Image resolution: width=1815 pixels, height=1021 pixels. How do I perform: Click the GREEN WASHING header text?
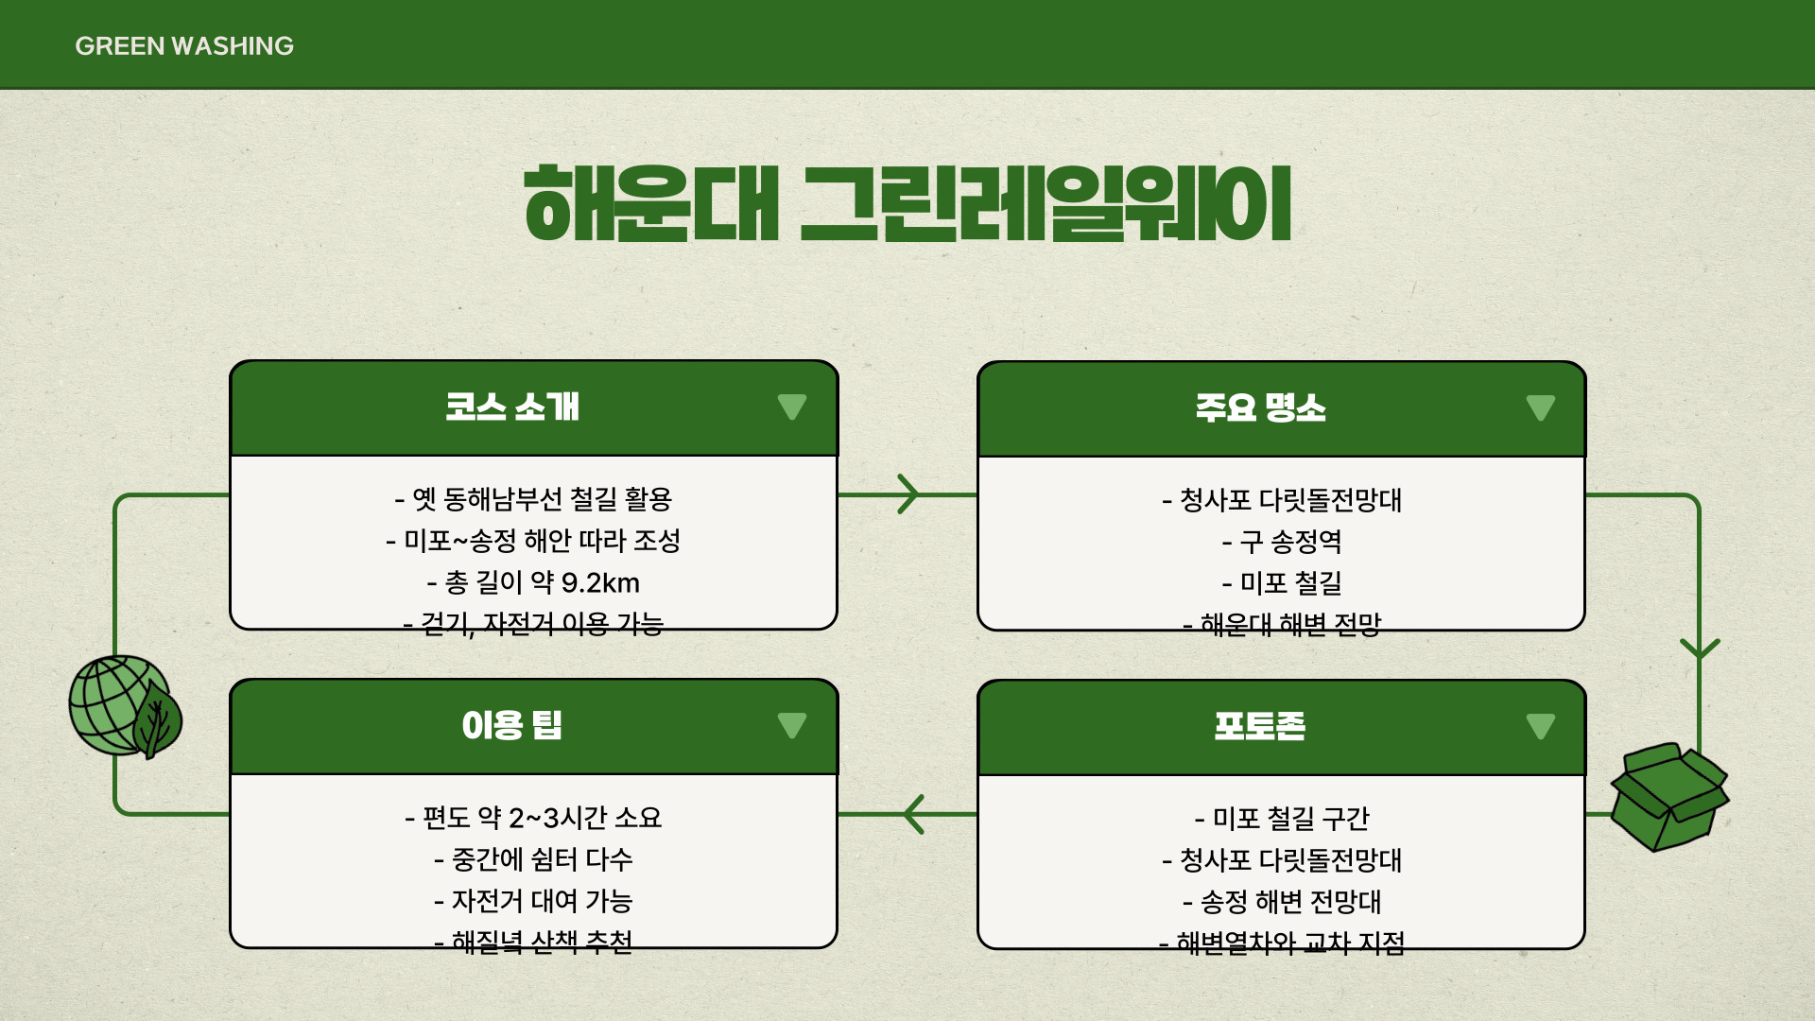click(184, 45)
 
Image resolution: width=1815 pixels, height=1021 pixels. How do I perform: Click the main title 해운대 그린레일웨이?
click(907, 203)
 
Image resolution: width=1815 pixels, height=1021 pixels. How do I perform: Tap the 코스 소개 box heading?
click(512, 407)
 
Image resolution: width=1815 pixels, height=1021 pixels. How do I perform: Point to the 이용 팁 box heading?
click(512, 726)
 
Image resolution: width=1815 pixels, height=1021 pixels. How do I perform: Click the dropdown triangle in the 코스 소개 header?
click(792, 407)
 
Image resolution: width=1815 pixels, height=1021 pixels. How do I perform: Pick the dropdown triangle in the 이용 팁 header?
click(792, 726)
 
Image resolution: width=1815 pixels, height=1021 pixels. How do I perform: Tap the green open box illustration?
click(1668, 797)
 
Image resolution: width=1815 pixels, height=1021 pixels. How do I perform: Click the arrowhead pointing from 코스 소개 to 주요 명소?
click(908, 494)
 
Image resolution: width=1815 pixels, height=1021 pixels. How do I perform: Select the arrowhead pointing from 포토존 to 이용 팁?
click(913, 814)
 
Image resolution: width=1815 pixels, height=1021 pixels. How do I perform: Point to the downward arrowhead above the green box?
click(1700, 649)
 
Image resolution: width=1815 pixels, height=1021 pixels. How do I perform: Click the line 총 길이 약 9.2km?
click(534, 582)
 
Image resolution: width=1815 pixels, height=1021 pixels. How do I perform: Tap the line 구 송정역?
click(1282, 542)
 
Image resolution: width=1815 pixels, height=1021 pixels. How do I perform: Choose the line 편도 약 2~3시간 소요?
click(534, 817)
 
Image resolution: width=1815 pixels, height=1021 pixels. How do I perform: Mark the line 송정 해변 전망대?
click(1282, 902)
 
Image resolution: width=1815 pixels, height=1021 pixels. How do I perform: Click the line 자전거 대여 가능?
click(534, 901)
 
